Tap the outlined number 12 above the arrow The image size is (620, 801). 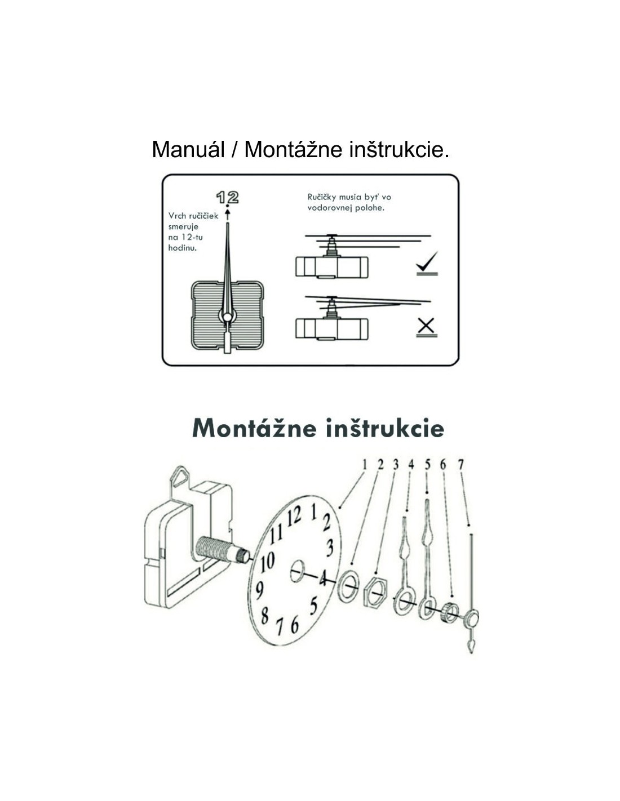click(227, 197)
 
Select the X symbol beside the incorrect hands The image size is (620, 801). click(426, 326)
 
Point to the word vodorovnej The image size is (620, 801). click(329, 207)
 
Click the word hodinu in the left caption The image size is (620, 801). click(183, 247)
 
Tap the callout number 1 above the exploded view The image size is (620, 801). click(365, 465)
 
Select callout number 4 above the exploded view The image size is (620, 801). click(411, 465)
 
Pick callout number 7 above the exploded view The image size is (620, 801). click(460, 465)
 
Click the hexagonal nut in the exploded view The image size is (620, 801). click(376, 594)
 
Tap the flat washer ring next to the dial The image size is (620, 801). click(348, 586)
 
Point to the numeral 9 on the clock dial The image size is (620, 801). click(259, 590)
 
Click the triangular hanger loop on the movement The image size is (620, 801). click(180, 476)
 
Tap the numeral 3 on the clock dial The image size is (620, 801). click(330, 548)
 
